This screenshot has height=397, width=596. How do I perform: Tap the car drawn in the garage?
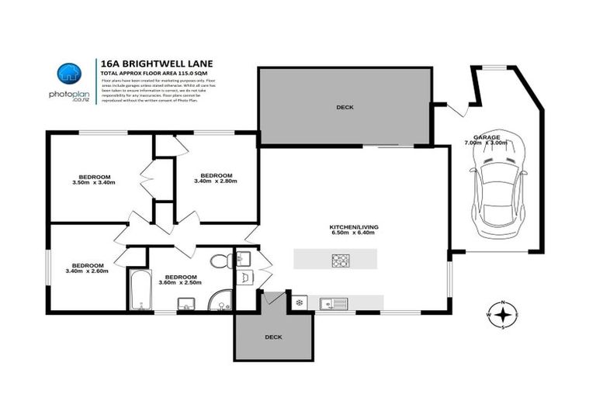497,189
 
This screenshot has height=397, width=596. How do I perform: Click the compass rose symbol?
504,315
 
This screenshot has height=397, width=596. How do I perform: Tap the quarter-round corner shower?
223,298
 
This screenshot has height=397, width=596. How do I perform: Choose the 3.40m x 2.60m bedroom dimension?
86,271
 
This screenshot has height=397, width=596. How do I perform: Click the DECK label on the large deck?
345,107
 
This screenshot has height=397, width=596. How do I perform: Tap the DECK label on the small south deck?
273,337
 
